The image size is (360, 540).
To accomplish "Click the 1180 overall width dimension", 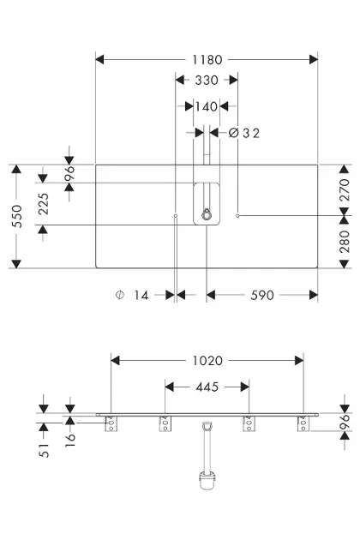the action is [207, 60].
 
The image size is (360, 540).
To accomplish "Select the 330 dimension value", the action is [207, 81].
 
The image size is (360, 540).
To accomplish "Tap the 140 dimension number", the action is [207, 106].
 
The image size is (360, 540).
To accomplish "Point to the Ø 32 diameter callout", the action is [244, 133].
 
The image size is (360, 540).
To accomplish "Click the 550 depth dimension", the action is [17, 216].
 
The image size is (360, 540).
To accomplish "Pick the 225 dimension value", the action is [44, 204].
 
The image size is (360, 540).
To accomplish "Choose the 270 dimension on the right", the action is [345, 190].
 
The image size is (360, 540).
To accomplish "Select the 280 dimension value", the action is [345, 242].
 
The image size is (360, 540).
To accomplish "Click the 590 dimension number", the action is [261, 296].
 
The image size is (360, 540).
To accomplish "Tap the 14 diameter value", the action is [141, 296].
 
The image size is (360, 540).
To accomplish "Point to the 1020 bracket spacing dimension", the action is [207, 361].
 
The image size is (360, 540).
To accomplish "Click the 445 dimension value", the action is [207, 387].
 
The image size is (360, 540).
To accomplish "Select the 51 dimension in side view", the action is [44, 451].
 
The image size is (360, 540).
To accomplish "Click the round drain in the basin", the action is [206, 214].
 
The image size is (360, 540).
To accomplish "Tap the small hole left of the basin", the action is [176, 216].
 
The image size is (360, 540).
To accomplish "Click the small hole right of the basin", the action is [237, 216].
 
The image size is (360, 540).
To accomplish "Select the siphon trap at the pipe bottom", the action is [207, 480].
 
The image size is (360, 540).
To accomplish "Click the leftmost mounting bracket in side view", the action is [111, 423].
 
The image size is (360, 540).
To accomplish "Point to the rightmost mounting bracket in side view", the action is [303, 423].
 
